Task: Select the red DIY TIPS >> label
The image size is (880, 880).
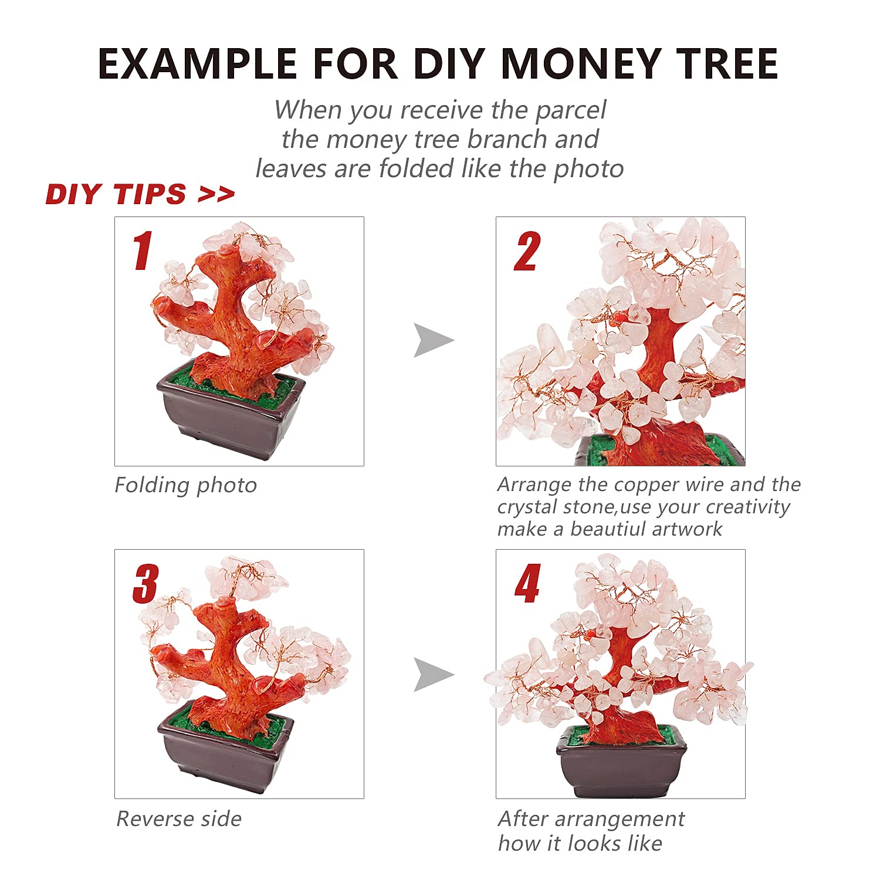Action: (140, 194)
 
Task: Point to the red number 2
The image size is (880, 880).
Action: (526, 252)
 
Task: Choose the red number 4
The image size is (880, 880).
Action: (527, 584)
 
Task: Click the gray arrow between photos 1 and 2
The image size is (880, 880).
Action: (432, 340)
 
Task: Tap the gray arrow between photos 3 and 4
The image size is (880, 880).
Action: (432, 674)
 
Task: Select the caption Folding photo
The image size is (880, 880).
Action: (185, 486)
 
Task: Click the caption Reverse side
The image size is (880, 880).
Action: (179, 819)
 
